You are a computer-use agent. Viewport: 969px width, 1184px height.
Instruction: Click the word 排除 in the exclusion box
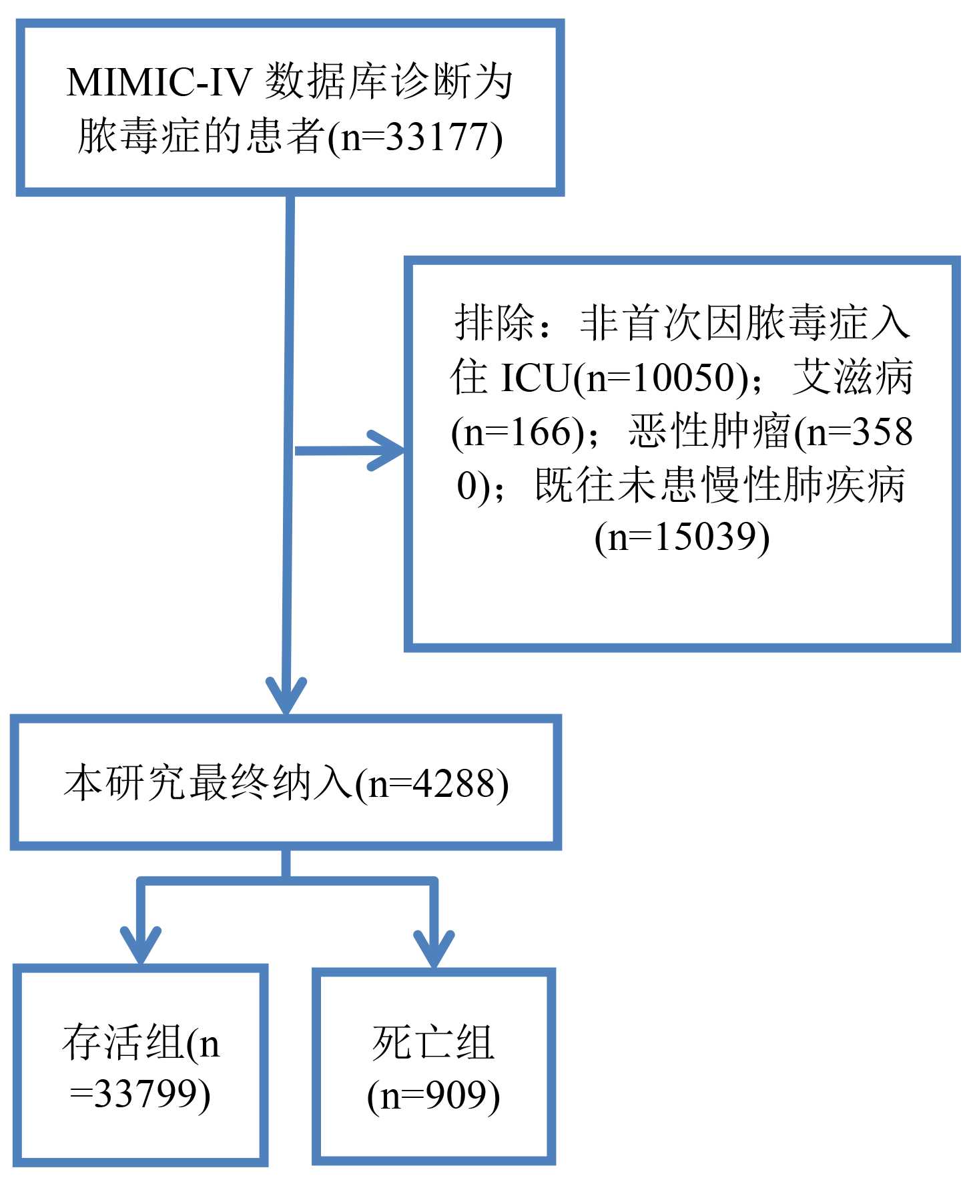[x=495, y=323]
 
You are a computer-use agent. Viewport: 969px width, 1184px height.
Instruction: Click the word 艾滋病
[x=852, y=378]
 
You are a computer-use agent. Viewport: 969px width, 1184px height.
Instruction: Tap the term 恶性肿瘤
[x=709, y=432]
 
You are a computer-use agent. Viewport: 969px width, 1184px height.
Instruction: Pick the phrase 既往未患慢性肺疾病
[x=719, y=485]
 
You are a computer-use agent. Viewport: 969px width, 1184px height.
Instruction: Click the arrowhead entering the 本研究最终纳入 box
[x=286, y=697]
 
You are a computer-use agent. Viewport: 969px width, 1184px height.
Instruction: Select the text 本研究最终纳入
[x=207, y=782]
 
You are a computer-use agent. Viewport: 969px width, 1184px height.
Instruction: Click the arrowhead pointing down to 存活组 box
[x=141, y=945]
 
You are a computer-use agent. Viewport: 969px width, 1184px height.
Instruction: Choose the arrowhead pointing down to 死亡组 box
[x=434, y=948]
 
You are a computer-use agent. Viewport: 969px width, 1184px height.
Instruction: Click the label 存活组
[x=123, y=1043]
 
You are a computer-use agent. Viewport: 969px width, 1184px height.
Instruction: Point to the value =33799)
[x=140, y=1095]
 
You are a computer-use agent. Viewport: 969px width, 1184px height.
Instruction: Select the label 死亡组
[x=433, y=1043]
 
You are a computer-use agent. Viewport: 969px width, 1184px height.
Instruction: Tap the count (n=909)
[x=433, y=1095]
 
